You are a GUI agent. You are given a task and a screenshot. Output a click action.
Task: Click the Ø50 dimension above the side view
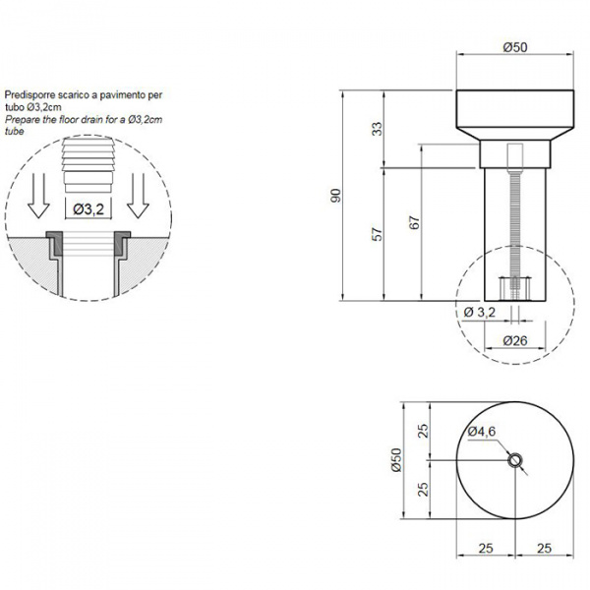tap(515, 47)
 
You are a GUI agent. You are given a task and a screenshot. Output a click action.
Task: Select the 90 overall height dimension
tap(335, 196)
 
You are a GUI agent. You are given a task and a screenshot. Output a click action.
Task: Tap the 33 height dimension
tap(377, 129)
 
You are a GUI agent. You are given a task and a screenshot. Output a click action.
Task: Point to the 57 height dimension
tap(377, 234)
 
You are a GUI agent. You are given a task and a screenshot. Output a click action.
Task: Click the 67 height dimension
tap(414, 222)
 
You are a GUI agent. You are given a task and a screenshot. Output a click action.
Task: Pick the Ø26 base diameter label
tap(515, 341)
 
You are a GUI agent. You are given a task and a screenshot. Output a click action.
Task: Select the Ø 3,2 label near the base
tap(480, 312)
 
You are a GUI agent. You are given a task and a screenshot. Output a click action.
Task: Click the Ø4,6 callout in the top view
tap(482, 432)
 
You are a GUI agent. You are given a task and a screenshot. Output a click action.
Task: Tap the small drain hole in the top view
tap(514, 460)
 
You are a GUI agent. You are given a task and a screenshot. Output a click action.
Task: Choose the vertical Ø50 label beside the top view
tap(396, 460)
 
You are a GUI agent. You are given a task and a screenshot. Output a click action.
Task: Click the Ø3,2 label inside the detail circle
tap(88, 209)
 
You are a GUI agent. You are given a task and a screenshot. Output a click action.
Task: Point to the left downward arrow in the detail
tap(38, 196)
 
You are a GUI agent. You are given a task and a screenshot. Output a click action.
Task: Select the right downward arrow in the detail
tap(138, 196)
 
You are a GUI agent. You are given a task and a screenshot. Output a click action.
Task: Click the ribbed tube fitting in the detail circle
tap(88, 164)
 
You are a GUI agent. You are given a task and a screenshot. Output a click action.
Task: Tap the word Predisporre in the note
tap(30, 94)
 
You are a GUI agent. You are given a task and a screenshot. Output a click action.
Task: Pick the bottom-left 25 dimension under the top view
tap(486, 549)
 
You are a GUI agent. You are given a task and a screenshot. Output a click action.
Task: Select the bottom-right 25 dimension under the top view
tap(544, 549)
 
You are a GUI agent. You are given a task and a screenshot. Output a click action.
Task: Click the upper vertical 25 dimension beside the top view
tap(423, 431)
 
